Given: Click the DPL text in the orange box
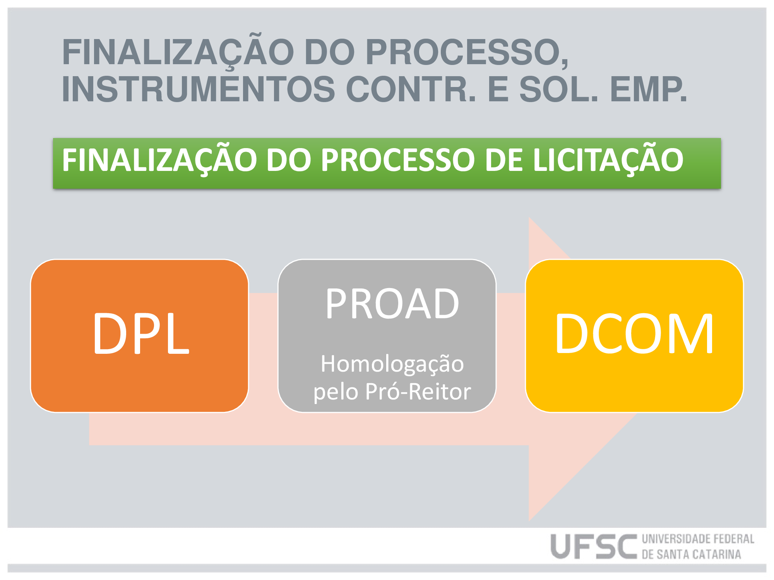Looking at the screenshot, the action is click(141, 333).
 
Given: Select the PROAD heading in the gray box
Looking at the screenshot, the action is click(392, 304).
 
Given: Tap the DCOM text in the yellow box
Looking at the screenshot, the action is click(634, 333).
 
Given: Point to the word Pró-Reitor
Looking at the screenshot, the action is click(418, 391).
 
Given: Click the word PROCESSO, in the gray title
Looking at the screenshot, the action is click(467, 53).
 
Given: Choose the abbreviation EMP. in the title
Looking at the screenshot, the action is click(649, 89).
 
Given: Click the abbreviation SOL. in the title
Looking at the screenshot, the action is click(558, 89).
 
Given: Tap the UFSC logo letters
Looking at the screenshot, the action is click(594, 546).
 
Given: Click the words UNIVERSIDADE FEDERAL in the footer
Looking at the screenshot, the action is click(698, 539).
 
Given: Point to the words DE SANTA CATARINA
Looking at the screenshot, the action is click(692, 554).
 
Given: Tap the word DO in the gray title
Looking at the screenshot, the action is click(329, 52).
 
